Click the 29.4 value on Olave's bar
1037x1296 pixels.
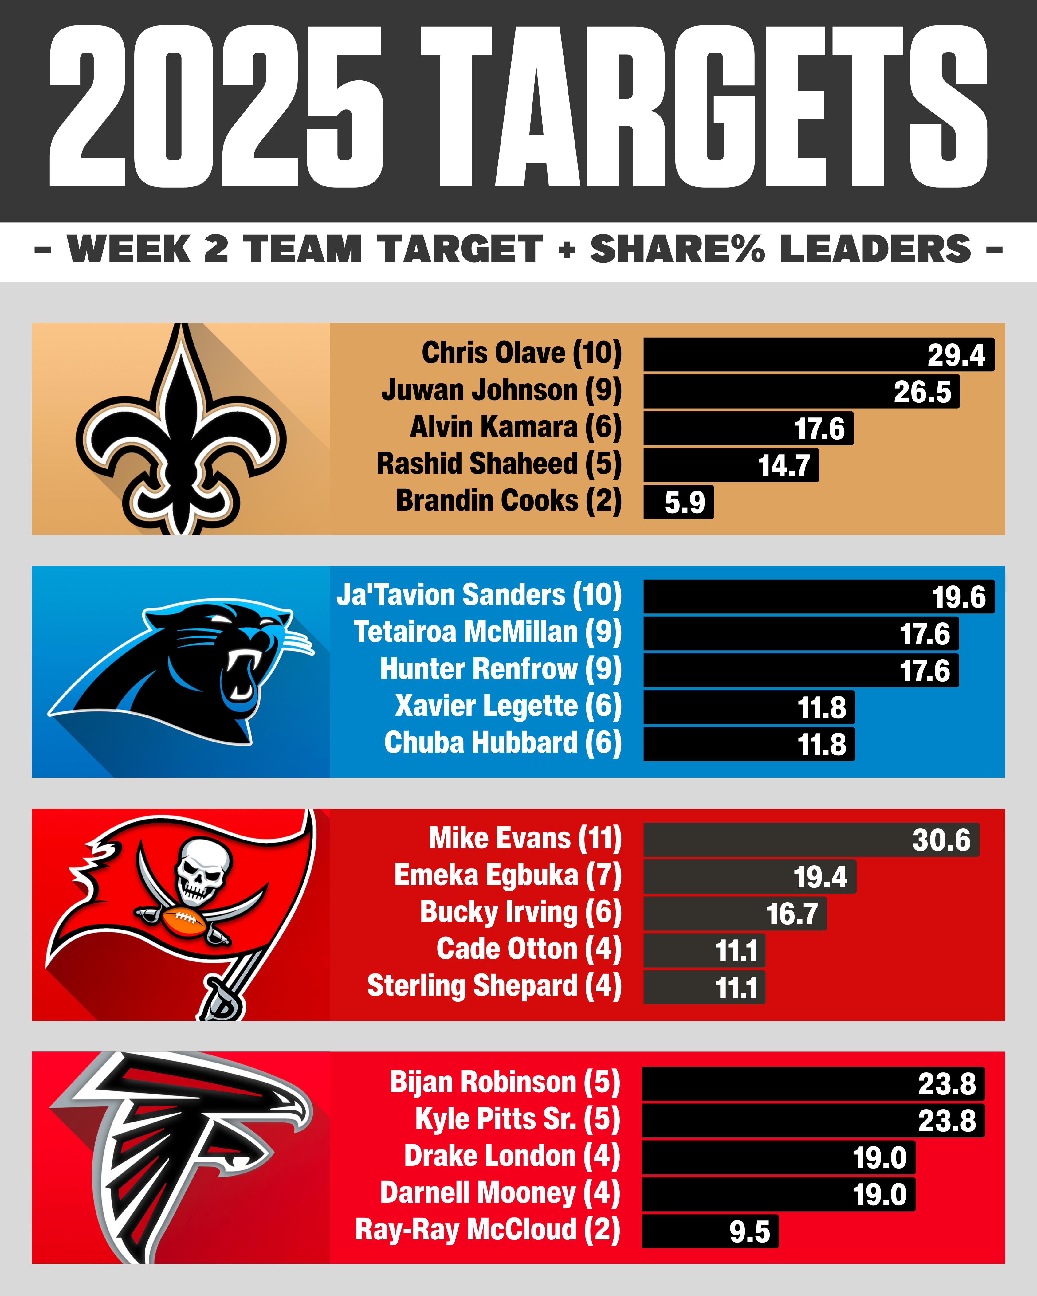pos(956,355)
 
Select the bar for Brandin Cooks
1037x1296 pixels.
pos(678,502)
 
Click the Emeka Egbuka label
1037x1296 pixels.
pos(486,875)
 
